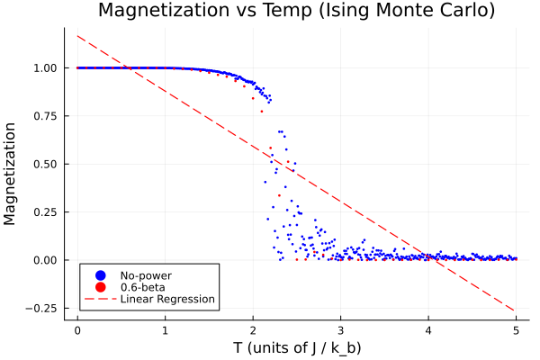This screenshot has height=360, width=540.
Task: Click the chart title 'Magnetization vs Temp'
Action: (296, 11)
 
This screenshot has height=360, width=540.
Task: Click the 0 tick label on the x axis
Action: (77, 330)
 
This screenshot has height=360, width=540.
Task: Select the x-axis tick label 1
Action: (165, 330)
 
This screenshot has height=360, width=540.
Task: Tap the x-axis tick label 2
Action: (253, 330)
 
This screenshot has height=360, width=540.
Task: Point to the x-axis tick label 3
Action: (340, 330)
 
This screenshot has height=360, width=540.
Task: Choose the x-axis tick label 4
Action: (428, 330)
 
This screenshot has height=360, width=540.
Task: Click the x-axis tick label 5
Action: (516, 330)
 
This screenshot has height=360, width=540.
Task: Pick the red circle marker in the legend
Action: (101, 287)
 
